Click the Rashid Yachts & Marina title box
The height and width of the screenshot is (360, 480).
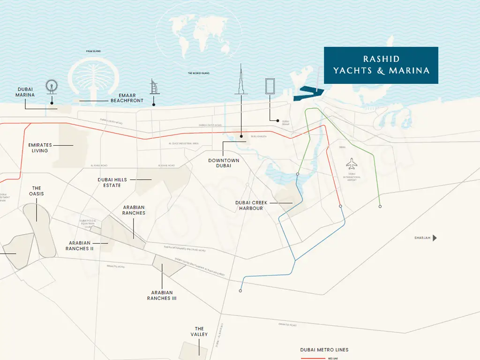pos(381,65)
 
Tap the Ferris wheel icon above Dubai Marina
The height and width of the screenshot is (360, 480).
pos(52,86)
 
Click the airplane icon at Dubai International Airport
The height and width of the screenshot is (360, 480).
pos(352,165)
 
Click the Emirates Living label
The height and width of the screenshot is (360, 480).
pos(40,148)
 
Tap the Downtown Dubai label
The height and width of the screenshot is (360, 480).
pos(224,163)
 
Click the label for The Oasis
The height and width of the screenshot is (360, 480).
pos(36,191)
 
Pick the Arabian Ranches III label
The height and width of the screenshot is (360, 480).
pos(162,295)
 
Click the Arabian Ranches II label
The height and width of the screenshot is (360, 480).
pos(79,246)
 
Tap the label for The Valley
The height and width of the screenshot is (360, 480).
pos(199,331)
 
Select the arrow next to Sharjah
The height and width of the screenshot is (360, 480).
pos(435,238)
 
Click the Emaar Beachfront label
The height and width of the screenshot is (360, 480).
pos(127,98)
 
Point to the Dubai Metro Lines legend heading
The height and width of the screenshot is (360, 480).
pos(324,350)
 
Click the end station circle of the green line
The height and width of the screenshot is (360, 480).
pos(380,206)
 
